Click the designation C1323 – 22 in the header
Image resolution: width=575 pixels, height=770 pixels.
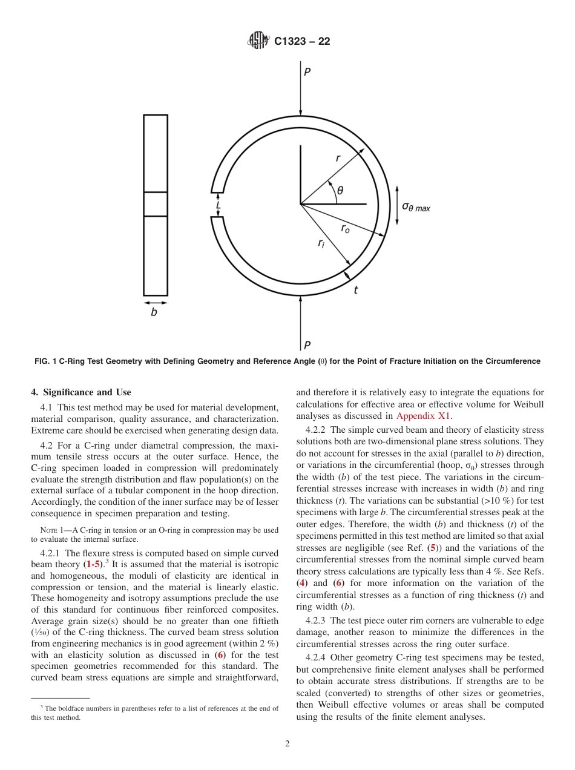(x=302, y=42)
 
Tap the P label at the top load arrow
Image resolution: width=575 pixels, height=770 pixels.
(x=307, y=72)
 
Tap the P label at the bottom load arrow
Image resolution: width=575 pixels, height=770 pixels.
(x=307, y=345)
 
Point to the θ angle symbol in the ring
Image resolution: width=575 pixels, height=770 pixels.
(x=340, y=190)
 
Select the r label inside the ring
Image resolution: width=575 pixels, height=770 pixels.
(x=338, y=159)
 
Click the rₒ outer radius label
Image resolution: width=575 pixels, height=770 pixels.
(x=345, y=228)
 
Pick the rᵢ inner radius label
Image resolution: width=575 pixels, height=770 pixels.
(x=321, y=243)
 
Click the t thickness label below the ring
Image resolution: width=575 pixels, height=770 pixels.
(x=355, y=290)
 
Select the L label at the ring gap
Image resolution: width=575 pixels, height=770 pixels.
(x=218, y=206)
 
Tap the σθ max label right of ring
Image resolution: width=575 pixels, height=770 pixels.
(x=416, y=206)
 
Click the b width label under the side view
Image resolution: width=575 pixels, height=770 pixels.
(x=154, y=313)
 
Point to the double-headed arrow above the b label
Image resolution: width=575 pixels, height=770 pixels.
(x=155, y=302)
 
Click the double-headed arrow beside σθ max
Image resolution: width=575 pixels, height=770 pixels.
(x=396, y=205)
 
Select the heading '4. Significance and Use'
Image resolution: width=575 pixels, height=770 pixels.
(x=81, y=392)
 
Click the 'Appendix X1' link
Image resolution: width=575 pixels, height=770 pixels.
(x=423, y=416)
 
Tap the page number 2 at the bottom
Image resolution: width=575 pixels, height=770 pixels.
(x=287, y=744)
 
